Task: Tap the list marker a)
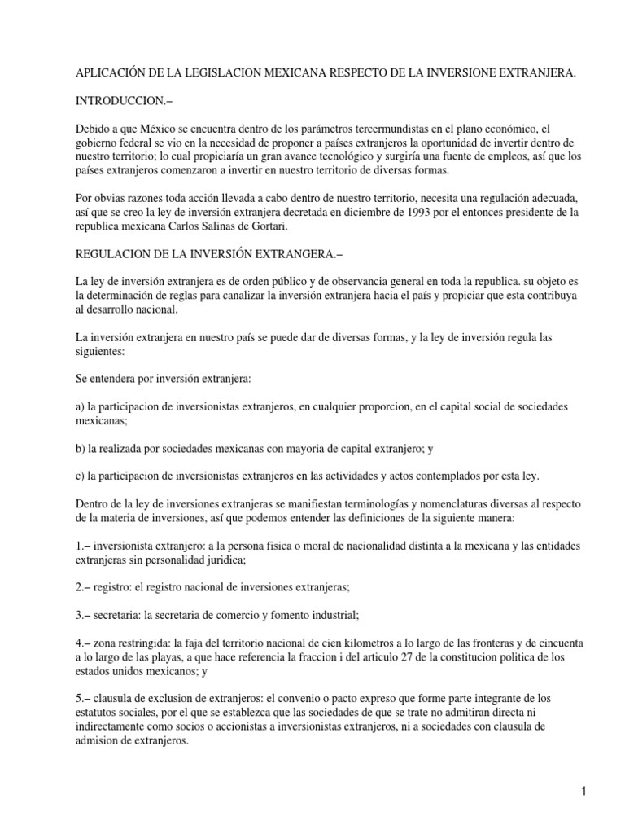click(81, 406)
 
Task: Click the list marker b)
click(81, 447)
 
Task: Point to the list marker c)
click(81, 476)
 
